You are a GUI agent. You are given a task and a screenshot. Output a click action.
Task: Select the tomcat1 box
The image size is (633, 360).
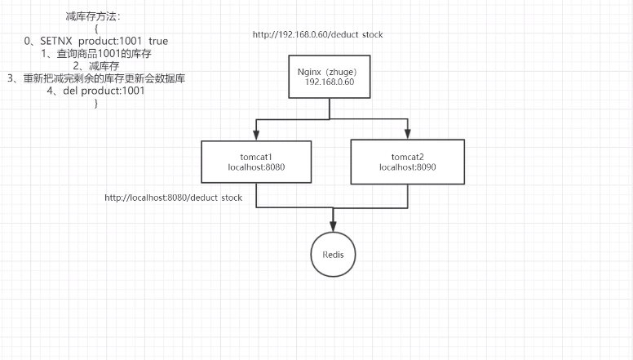tap(256, 161)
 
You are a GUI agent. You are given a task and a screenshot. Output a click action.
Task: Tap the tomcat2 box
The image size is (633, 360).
tap(407, 161)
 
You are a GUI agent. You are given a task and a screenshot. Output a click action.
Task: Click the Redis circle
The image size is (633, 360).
tap(333, 255)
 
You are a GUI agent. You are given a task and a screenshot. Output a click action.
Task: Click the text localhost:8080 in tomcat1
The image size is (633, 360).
tap(256, 167)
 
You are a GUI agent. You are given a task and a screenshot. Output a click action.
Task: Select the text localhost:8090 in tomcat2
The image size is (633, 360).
tap(407, 167)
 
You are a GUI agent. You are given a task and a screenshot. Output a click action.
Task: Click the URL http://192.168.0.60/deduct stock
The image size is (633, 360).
tap(317, 35)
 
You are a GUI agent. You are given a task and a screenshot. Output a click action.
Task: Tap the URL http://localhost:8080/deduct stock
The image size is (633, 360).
tap(174, 198)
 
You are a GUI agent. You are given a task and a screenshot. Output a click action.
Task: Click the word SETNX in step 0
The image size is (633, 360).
tap(57, 41)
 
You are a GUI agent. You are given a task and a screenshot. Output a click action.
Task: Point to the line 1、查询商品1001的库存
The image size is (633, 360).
tap(96, 53)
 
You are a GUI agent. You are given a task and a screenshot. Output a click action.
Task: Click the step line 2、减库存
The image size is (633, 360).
tap(96, 66)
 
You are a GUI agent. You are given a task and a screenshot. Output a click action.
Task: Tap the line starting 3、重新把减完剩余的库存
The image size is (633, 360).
tap(95, 78)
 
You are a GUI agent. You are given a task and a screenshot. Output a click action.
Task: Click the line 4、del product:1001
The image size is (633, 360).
tap(96, 91)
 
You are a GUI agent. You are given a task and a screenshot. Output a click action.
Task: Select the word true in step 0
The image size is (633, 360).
tap(158, 41)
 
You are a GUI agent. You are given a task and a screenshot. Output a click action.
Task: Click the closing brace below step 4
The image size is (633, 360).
tap(95, 103)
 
